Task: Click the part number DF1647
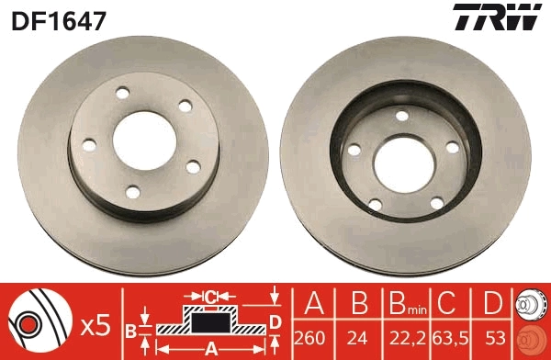57,18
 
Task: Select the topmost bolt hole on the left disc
122,93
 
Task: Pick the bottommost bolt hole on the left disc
133,191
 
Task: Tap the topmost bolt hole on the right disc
400,115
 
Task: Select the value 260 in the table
314,337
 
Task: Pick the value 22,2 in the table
403,337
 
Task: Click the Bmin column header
404,304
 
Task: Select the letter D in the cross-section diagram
274,321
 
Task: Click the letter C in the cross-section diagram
210,297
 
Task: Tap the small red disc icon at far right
532,337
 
